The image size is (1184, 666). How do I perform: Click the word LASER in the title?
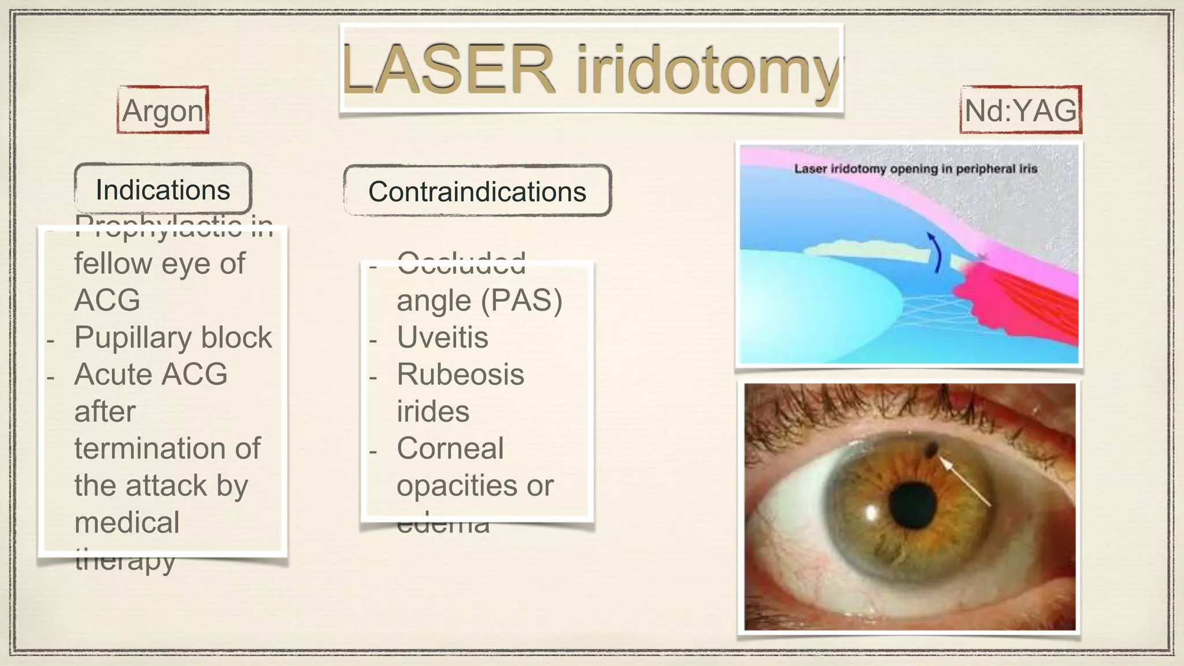click(x=448, y=71)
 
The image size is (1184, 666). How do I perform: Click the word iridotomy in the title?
click(x=708, y=72)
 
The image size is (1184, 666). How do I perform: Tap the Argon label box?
click(x=163, y=110)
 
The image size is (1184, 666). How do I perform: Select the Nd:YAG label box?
click(x=1021, y=110)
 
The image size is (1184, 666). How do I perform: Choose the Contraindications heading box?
click(x=477, y=191)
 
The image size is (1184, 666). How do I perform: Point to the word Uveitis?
click(x=442, y=337)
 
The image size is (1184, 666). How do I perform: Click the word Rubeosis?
click(x=460, y=374)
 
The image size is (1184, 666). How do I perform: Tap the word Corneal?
click(x=450, y=448)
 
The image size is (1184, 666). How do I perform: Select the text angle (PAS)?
click(x=479, y=300)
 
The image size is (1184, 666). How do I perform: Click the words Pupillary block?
click(x=173, y=337)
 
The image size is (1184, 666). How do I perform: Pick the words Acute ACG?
click(x=151, y=374)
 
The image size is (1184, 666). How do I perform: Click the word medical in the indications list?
click(x=127, y=522)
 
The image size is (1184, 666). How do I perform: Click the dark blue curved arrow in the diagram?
click(x=935, y=252)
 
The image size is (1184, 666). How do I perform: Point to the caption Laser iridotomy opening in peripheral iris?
click(x=915, y=169)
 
